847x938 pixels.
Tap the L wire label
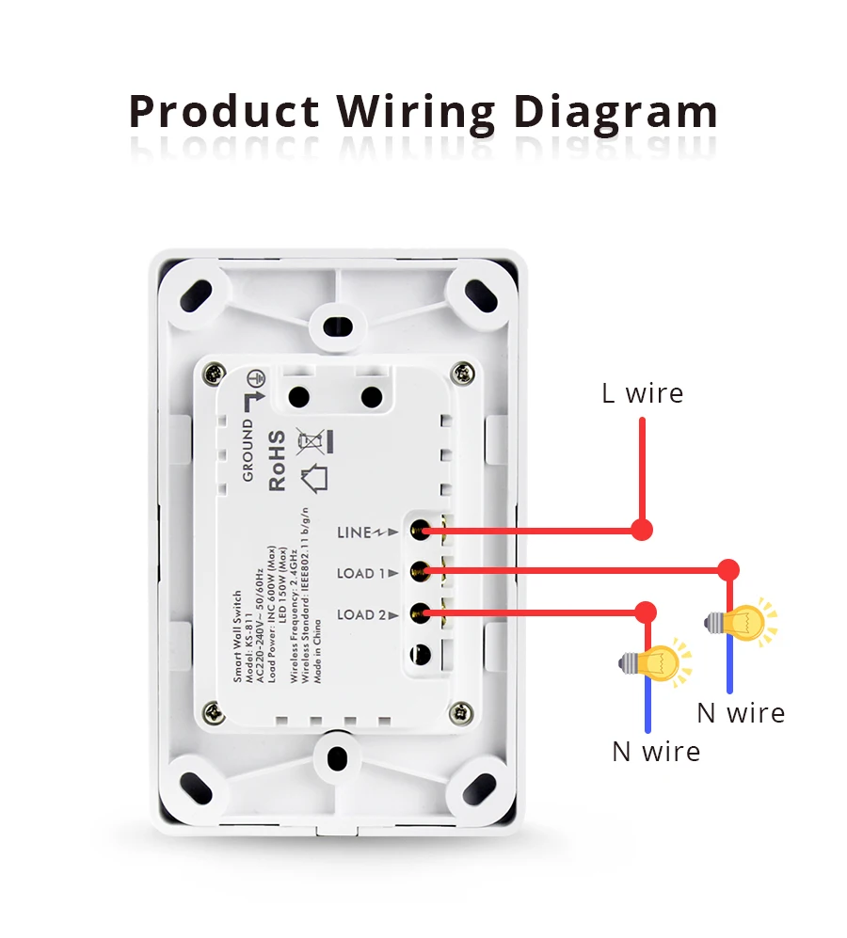pyautogui.click(x=643, y=392)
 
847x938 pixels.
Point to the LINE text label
pyautogui.click(x=355, y=533)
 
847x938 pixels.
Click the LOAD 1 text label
pyautogui.click(x=360, y=573)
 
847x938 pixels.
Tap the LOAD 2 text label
pyautogui.click(x=360, y=615)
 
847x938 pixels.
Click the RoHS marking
pyautogui.click(x=277, y=461)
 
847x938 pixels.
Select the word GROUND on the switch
pyautogui.click(x=248, y=450)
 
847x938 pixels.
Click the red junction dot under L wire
pyautogui.click(x=642, y=530)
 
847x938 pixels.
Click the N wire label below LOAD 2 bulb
pyautogui.click(x=656, y=751)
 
